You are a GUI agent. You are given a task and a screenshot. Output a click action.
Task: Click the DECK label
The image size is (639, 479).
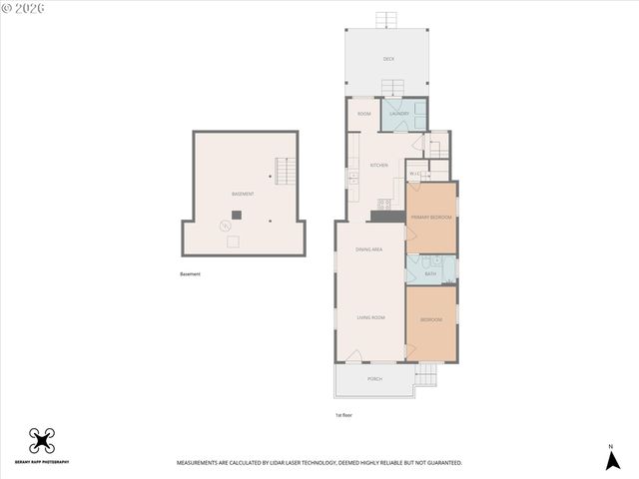point(388,60)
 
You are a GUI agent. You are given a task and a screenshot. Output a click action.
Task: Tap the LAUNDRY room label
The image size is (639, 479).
point(399,114)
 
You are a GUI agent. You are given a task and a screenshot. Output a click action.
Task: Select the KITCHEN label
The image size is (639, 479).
point(378,166)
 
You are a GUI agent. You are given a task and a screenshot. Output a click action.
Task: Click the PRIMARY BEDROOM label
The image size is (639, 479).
point(431,217)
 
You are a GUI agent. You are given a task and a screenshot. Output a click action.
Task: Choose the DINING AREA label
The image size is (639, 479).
point(369,248)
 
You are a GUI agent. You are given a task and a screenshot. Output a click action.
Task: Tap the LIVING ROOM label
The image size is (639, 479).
point(370,317)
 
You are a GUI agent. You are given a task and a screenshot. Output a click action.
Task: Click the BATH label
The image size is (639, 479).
point(430,273)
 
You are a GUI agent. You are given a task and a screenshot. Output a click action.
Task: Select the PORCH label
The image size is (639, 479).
point(374,379)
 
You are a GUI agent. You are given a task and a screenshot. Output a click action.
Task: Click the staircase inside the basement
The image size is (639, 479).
point(287,173)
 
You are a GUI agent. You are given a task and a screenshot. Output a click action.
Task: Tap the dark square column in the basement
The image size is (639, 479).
point(237,215)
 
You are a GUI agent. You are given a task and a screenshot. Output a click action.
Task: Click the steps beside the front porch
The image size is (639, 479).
point(426,374)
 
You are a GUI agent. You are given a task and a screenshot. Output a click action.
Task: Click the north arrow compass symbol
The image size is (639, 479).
point(611,459)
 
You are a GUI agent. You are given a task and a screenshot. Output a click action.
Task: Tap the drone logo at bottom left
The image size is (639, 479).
point(41,440)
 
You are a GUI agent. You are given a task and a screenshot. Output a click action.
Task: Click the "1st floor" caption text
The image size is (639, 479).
point(343,414)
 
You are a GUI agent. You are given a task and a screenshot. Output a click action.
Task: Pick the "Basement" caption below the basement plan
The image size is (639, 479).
point(190,274)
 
